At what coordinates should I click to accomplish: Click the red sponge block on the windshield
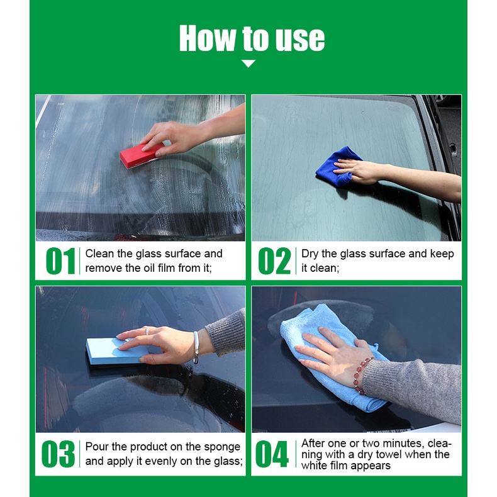pyautogui.click(x=141, y=155)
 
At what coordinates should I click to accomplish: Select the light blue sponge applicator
pyautogui.click(x=116, y=351)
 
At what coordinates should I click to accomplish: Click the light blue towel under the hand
pyautogui.click(x=333, y=355)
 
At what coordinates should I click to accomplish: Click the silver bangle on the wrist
pyautogui.click(x=196, y=347)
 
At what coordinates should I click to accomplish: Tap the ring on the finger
pyautogui.click(x=147, y=331)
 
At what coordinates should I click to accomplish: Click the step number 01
pyautogui.click(x=60, y=261)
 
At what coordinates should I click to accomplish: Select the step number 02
pyautogui.click(x=274, y=261)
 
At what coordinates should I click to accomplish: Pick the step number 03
pyautogui.click(x=59, y=454)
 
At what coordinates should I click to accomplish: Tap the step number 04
pyautogui.click(x=272, y=454)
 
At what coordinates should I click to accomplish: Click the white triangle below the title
pyautogui.click(x=248, y=64)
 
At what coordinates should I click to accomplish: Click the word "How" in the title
pyautogui.click(x=208, y=38)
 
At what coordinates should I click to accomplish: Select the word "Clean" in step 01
pyautogui.click(x=99, y=254)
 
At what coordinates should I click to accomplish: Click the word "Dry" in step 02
pyautogui.click(x=310, y=254)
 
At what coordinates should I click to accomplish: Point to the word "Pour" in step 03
pyautogui.click(x=97, y=447)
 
